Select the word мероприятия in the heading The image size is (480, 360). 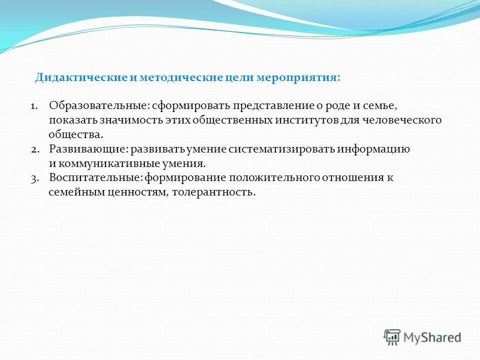[298, 78]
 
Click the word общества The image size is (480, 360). [76, 134]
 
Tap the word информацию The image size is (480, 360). [374, 149]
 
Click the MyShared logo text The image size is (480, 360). [432, 337]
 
